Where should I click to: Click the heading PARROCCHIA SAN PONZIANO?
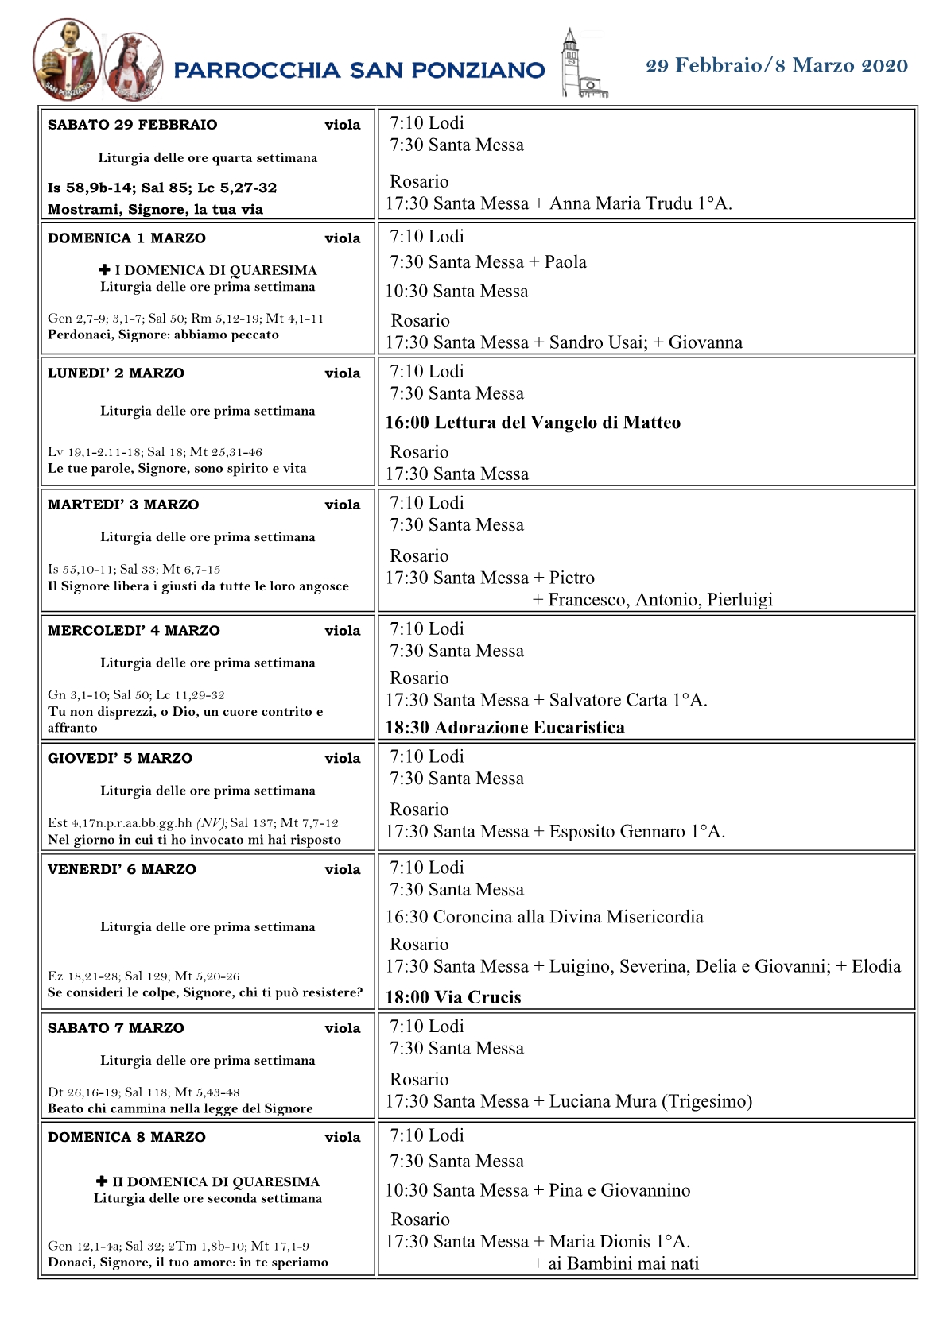359,71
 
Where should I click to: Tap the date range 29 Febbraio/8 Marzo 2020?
776,66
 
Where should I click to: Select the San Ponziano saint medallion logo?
67,60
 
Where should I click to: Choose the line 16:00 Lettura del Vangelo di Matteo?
533,423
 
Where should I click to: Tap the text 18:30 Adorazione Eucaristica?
505,728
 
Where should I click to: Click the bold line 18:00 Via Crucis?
453,998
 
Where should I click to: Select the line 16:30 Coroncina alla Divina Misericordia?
545,917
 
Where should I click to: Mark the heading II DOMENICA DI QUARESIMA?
215,1182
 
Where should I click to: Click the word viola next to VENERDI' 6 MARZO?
343,870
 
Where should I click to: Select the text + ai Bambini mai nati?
615,1264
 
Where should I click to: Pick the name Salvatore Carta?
608,701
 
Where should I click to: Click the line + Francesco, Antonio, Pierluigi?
652,600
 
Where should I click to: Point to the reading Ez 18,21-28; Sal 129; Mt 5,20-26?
143,976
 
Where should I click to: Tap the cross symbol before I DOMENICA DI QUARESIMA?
104,270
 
